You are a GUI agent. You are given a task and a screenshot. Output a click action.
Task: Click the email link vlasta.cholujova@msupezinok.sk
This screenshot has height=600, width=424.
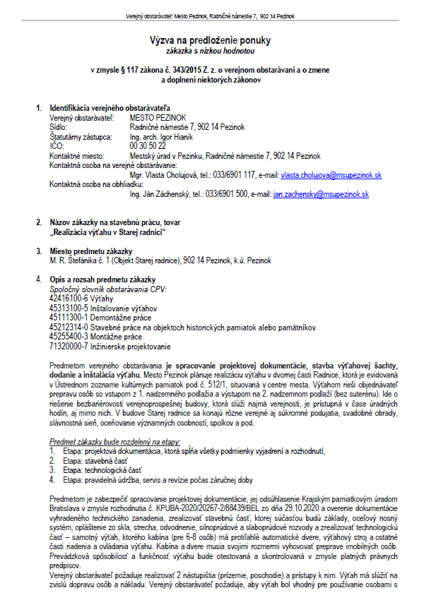(331, 174)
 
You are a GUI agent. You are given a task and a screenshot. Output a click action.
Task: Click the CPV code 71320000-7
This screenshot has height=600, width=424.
(67, 346)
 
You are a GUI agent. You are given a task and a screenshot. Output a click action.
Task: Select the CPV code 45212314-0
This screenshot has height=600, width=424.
(67, 327)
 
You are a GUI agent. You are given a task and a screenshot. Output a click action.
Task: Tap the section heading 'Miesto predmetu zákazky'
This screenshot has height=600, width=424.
(90, 251)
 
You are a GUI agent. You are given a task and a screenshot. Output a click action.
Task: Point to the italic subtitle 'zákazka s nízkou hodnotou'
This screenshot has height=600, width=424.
(210, 52)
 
